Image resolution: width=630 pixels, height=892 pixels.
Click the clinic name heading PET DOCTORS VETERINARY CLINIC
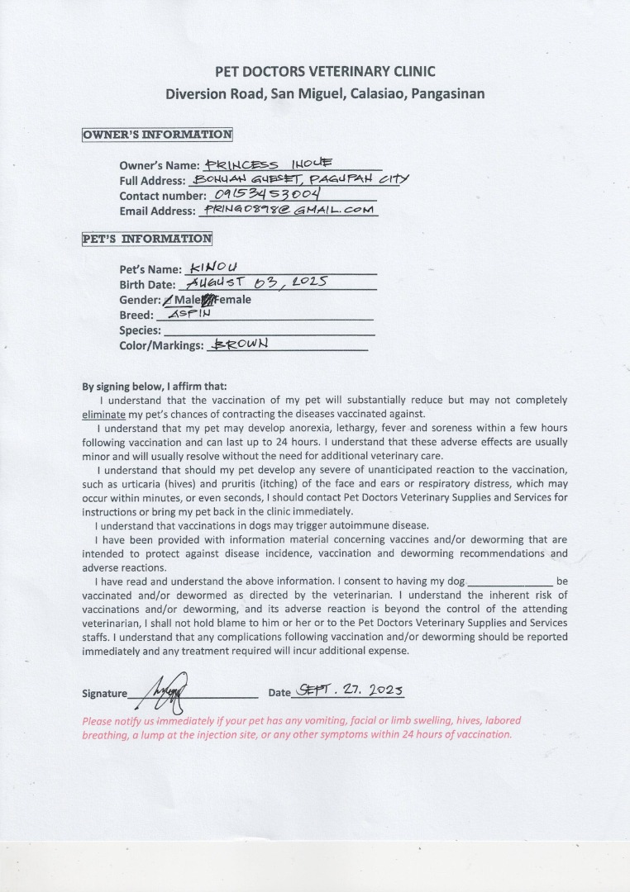coord(325,72)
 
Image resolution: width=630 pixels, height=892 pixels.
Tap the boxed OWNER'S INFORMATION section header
coord(157,135)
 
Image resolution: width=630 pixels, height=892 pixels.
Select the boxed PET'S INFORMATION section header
coord(147,239)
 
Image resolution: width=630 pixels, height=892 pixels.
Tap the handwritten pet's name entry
coord(213,268)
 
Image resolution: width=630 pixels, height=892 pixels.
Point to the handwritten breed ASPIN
coord(190,315)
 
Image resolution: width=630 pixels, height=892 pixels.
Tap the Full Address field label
coord(152,180)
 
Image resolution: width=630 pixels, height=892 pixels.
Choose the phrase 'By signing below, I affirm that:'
coord(154,386)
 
